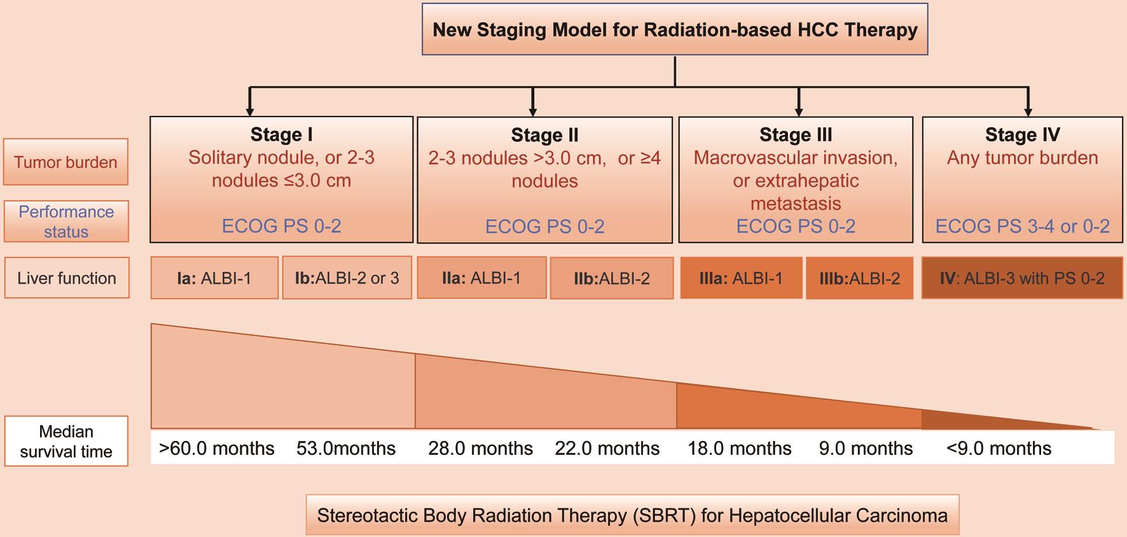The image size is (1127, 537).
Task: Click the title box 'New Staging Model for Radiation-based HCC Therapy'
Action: tap(675, 29)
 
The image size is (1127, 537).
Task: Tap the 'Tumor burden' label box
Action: tap(66, 162)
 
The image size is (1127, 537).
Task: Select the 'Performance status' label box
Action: tap(66, 221)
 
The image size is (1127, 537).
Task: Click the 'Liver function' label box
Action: tap(67, 278)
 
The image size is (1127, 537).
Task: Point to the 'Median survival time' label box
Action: tap(66, 442)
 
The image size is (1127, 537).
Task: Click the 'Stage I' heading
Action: tap(281, 134)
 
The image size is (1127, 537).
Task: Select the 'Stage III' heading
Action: tap(796, 134)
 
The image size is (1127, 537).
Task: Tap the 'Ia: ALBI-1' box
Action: tap(214, 278)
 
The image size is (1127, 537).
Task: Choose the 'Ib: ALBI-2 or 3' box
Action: tap(347, 278)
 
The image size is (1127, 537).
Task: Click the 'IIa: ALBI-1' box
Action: tap(481, 278)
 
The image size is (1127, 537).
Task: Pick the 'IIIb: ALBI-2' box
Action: tap(859, 278)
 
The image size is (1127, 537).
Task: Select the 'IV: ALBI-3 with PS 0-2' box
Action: tap(1022, 278)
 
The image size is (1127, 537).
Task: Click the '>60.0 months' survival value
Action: tap(216, 449)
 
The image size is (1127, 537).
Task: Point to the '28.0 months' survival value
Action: tap(480, 449)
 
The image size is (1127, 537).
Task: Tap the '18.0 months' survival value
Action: tap(739, 449)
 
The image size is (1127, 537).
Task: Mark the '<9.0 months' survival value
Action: tap(999, 449)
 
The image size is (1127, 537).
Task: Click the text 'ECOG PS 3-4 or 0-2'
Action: tap(1022, 226)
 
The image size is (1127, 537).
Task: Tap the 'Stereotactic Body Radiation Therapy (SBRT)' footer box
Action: tap(632, 515)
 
